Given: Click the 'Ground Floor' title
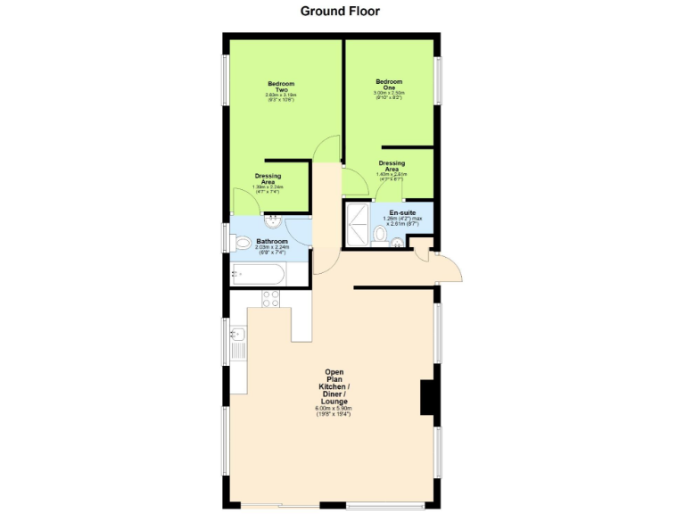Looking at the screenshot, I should pos(340,12).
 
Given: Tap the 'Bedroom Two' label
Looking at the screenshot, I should pos(281,87).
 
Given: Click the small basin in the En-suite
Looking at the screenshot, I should pos(397,243).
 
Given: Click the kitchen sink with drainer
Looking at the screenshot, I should pos(237,343).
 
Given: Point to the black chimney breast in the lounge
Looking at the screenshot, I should pos(428,397).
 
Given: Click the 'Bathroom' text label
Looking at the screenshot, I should pos(272,241).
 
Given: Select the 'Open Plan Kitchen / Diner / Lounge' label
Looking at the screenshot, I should pos(334,387).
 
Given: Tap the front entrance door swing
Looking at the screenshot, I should pos(446,266).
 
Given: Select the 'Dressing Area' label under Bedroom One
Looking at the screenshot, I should pos(392,166).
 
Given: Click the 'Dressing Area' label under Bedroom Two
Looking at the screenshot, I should pos(268,178).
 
